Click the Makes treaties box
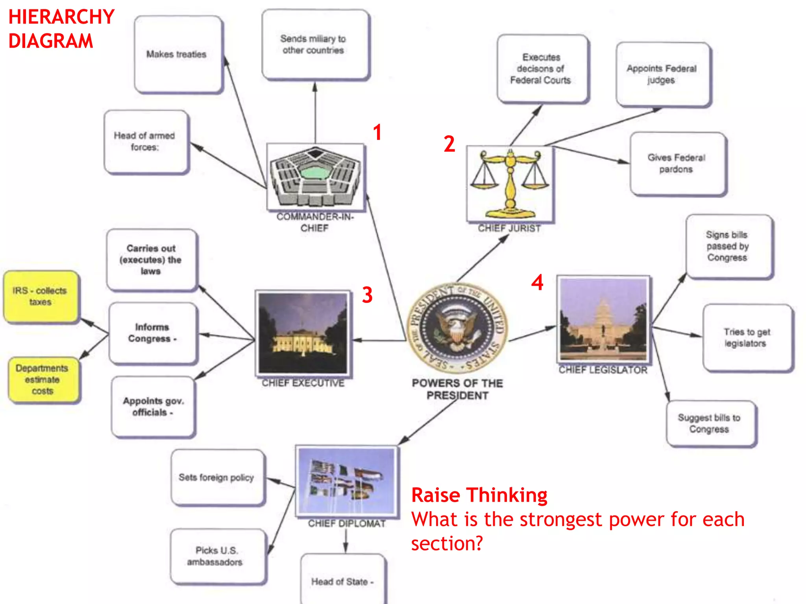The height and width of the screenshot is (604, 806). click(x=178, y=54)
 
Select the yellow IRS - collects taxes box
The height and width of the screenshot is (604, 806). click(x=41, y=296)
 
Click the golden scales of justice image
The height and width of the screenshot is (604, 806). click(x=510, y=184)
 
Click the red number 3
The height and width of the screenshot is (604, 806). click(x=367, y=295)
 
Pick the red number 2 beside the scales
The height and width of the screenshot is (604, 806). click(x=449, y=144)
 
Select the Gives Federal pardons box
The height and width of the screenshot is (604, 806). click(x=677, y=164)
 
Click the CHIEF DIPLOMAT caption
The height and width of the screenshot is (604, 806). click(x=346, y=523)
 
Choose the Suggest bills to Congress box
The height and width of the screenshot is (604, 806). click(x=710, y=423)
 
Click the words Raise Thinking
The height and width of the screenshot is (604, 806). click(x=479, y=495)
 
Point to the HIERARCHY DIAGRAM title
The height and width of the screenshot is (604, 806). click(x=61, y=29)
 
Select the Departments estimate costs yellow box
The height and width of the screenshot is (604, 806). click(x=43, y=379)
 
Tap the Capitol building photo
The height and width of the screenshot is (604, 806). click(x=603, y=319)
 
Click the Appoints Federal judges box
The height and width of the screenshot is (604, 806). click(x=662, y=74)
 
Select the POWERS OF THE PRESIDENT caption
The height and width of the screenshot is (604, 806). click(x=457, y=389)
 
